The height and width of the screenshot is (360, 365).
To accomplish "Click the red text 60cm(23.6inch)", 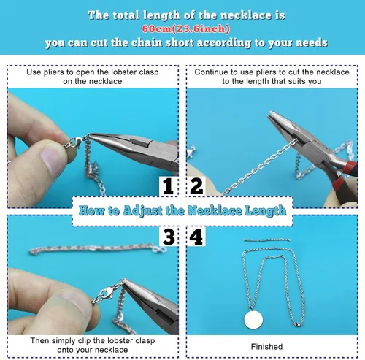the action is click(x=185, y=29).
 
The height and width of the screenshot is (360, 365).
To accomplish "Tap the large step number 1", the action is click(x=168, y=186).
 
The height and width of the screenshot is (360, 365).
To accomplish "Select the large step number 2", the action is click(x=196, y=186).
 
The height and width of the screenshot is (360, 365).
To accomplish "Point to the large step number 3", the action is click(x=169, y=237).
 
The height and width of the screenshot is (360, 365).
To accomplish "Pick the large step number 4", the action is click(x=196, y=237).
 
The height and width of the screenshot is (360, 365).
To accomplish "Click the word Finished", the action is click(x=266, y=346).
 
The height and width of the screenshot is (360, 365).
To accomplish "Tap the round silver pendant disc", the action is click(x=253, y=319).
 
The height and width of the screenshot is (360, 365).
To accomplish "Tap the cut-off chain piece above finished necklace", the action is click(x=267, y=240).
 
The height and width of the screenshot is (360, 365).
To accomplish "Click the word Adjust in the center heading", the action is click(x=142, y=211).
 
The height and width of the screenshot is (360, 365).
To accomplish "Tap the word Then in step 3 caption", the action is click(x=39, y=340).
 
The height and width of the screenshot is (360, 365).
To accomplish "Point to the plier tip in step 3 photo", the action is click(x=123, y=280).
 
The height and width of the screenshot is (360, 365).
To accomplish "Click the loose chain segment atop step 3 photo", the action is click(x=97, y=249).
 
